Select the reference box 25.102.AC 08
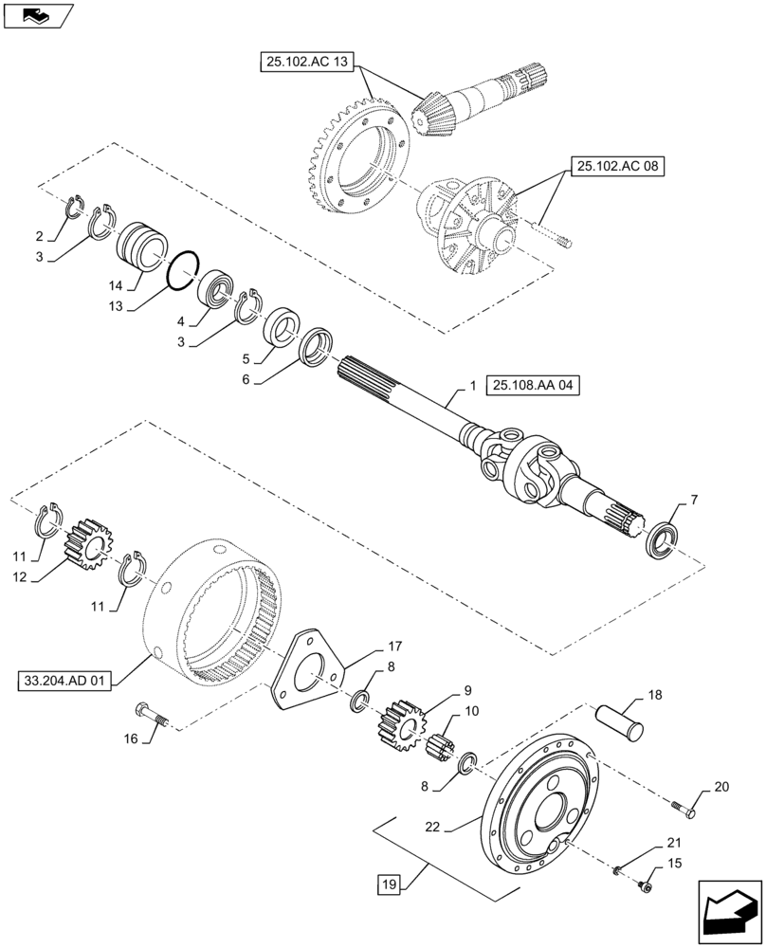point(617,167)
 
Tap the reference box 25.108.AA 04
point(533,385)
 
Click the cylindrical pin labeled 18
point(619,719)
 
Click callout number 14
point(112,284)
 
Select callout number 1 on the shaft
point(472,388)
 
